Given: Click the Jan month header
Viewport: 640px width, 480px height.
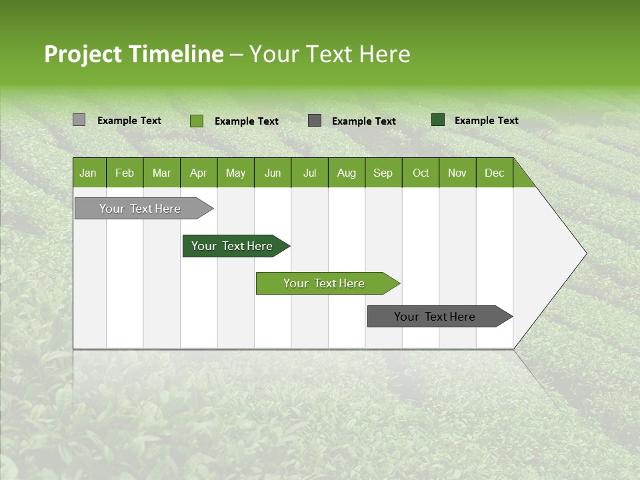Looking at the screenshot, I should pos(89,173).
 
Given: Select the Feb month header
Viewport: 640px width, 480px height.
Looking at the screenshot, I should pos(125,173).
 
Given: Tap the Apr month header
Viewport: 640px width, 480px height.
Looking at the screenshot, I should pos(199,173).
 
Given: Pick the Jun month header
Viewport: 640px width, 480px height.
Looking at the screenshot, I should pos(273,173).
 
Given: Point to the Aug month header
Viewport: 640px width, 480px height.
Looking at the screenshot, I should pos(347,173).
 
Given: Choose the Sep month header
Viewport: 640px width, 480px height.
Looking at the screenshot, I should pos(383,173).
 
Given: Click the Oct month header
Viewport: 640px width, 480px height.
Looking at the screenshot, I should pos(421,173).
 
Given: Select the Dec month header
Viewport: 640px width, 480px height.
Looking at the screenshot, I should pos(495,173).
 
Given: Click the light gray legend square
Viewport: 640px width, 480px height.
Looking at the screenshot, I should pos(79,120).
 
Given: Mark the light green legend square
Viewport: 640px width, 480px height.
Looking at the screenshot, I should pos(196,121).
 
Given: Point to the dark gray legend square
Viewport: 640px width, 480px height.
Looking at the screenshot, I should pos(315,121).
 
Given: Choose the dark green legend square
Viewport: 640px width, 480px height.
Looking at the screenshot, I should pos(438,120).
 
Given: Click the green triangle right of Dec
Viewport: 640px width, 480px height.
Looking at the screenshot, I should pos(521,177).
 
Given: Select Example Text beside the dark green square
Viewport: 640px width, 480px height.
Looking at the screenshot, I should pos(486,121).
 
